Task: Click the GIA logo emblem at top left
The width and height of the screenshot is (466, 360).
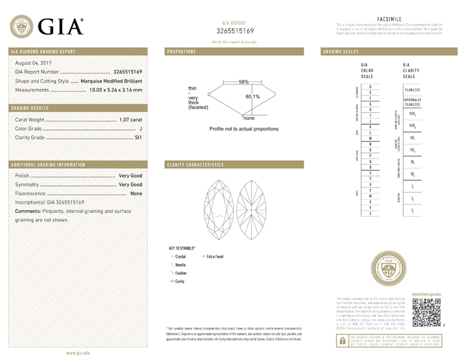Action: pos(22,26)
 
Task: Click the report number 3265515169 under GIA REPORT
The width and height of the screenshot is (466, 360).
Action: pos(235,31)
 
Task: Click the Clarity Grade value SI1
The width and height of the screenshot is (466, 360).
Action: pos(138,137)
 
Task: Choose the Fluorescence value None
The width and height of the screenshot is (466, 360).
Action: pos(136,193)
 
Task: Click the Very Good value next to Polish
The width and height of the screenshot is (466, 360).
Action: pos(130,175)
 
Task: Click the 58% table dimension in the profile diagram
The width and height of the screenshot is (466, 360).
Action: pos(243,82)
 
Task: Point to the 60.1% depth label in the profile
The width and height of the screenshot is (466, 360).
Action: pos(252,96)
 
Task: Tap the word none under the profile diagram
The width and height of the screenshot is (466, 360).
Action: pos(249,118)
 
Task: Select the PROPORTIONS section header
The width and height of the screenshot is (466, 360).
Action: pos(181,52)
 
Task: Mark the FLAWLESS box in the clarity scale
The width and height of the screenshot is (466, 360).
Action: pos(412,90)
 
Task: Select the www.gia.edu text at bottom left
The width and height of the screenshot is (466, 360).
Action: pos(77,353)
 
